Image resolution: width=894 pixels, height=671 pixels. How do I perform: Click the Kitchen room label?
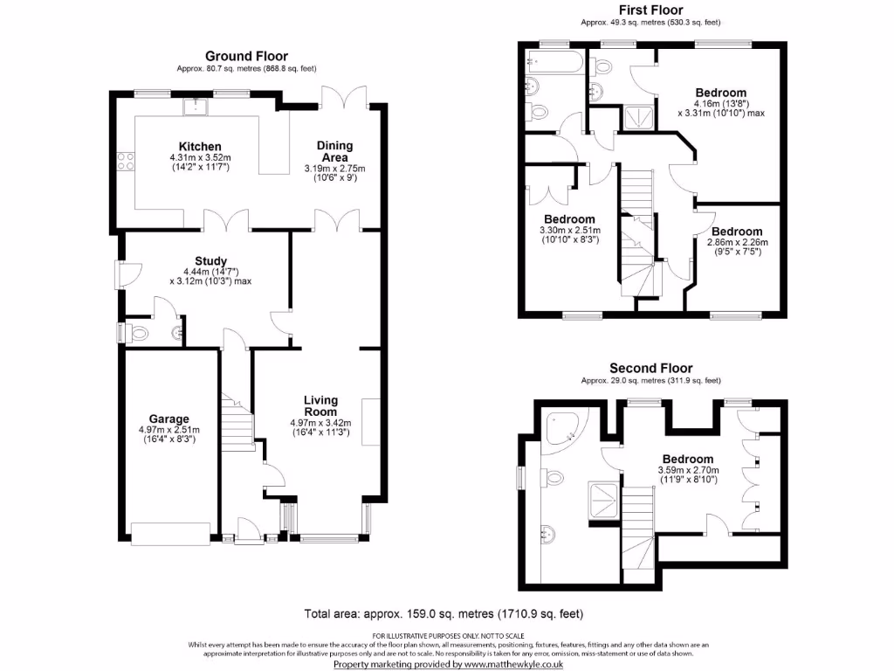200,146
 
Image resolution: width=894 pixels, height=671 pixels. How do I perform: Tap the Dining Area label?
334,151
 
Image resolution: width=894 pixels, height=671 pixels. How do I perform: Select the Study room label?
211,260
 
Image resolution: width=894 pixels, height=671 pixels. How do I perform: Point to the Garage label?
168,419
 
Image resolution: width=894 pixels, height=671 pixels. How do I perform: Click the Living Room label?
320,406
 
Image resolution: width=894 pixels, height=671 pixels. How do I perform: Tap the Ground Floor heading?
246,56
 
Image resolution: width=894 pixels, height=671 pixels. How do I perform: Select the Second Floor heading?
650,368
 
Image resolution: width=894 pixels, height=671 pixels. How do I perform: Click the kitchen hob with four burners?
125,161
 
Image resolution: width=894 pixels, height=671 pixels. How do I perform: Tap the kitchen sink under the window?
195,107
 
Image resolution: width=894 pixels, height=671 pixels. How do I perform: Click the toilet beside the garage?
135,332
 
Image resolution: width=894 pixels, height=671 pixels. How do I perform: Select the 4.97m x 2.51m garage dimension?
168,430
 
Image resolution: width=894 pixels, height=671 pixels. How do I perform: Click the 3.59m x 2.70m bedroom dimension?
687,470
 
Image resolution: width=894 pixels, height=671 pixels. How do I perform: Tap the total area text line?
443,613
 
